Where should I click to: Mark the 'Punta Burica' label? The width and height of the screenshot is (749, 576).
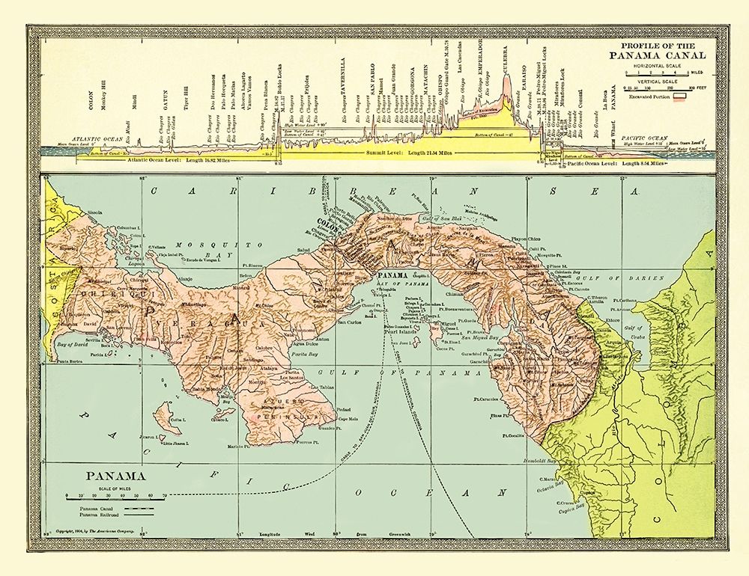pyautogui.click(x=70, y=362)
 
